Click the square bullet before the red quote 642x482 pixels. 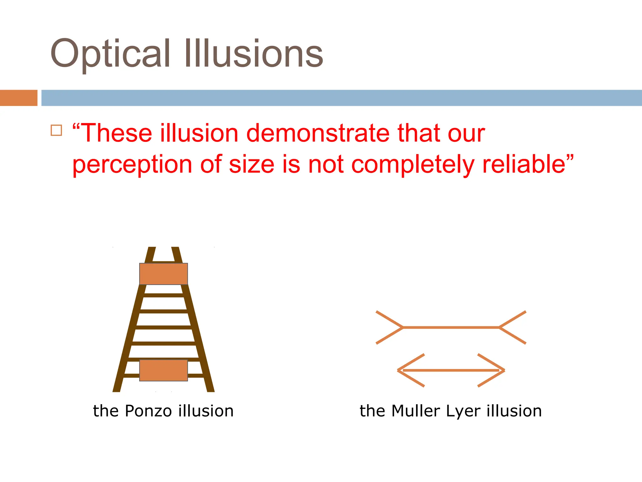pyautogui.click(x=56, y=130)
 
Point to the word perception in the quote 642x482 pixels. pyautogui.click(x=132, y=165)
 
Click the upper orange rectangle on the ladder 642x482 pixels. pyautogui.click(x=163, y=274)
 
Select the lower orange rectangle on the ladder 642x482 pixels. pyautogui.click(x=163, y=370)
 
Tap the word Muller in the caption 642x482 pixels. pyautogui.click(x=415, y=411)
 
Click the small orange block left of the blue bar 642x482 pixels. pyautogui.click(x=18, y=98)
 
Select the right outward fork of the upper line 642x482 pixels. pyautogui.click(x=513, y=327)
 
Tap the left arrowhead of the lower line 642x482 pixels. pyautogui.click(x=411, y=370)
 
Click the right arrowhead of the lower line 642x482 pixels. pyautogui.click(x=492, y=370)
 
